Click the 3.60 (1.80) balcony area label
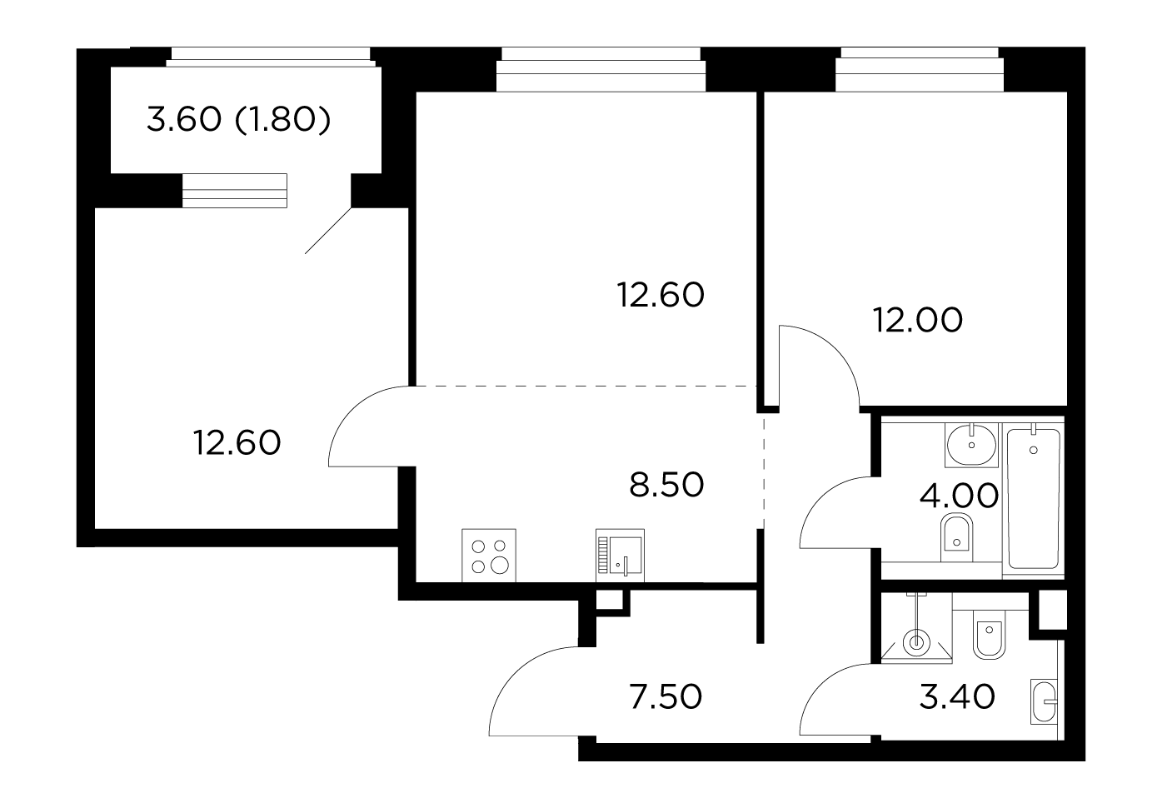pyautogui.click(x=238, y=120)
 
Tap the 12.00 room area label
pyautogui.click(x=918, y=320)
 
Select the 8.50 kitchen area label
pyautogui.click(x=666, y=485)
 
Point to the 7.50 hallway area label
pyautogui.click(x=666, y=696)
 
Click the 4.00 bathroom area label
pyautogui.click(x=959, y=496)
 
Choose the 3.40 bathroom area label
pyautogui.click(x=957, y=696)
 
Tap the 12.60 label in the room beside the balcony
pyautogui.click(x=237, y=443)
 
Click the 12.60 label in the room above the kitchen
pyautogui.click(x=661, y=295)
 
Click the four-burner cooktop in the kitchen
pyautogui.click(x=489, y=556)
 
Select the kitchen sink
pyautogui.click(x=620, y=556)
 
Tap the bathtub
pyautogui.click(x=1034, y=499)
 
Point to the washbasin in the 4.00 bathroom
pyautogui.click(x=971, y=445)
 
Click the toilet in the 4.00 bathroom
pyautogui.click(x=956, y=537)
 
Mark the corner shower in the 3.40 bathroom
pyautogui.click(x=916, y=628)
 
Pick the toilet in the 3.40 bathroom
pyautogui.click(x=990, y=634)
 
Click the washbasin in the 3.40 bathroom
pyautogui.click(x=1044, y=701)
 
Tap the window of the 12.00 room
pyautogui.click(x=920, y=69)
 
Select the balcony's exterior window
pyautogui.click(x=271, y=57)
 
